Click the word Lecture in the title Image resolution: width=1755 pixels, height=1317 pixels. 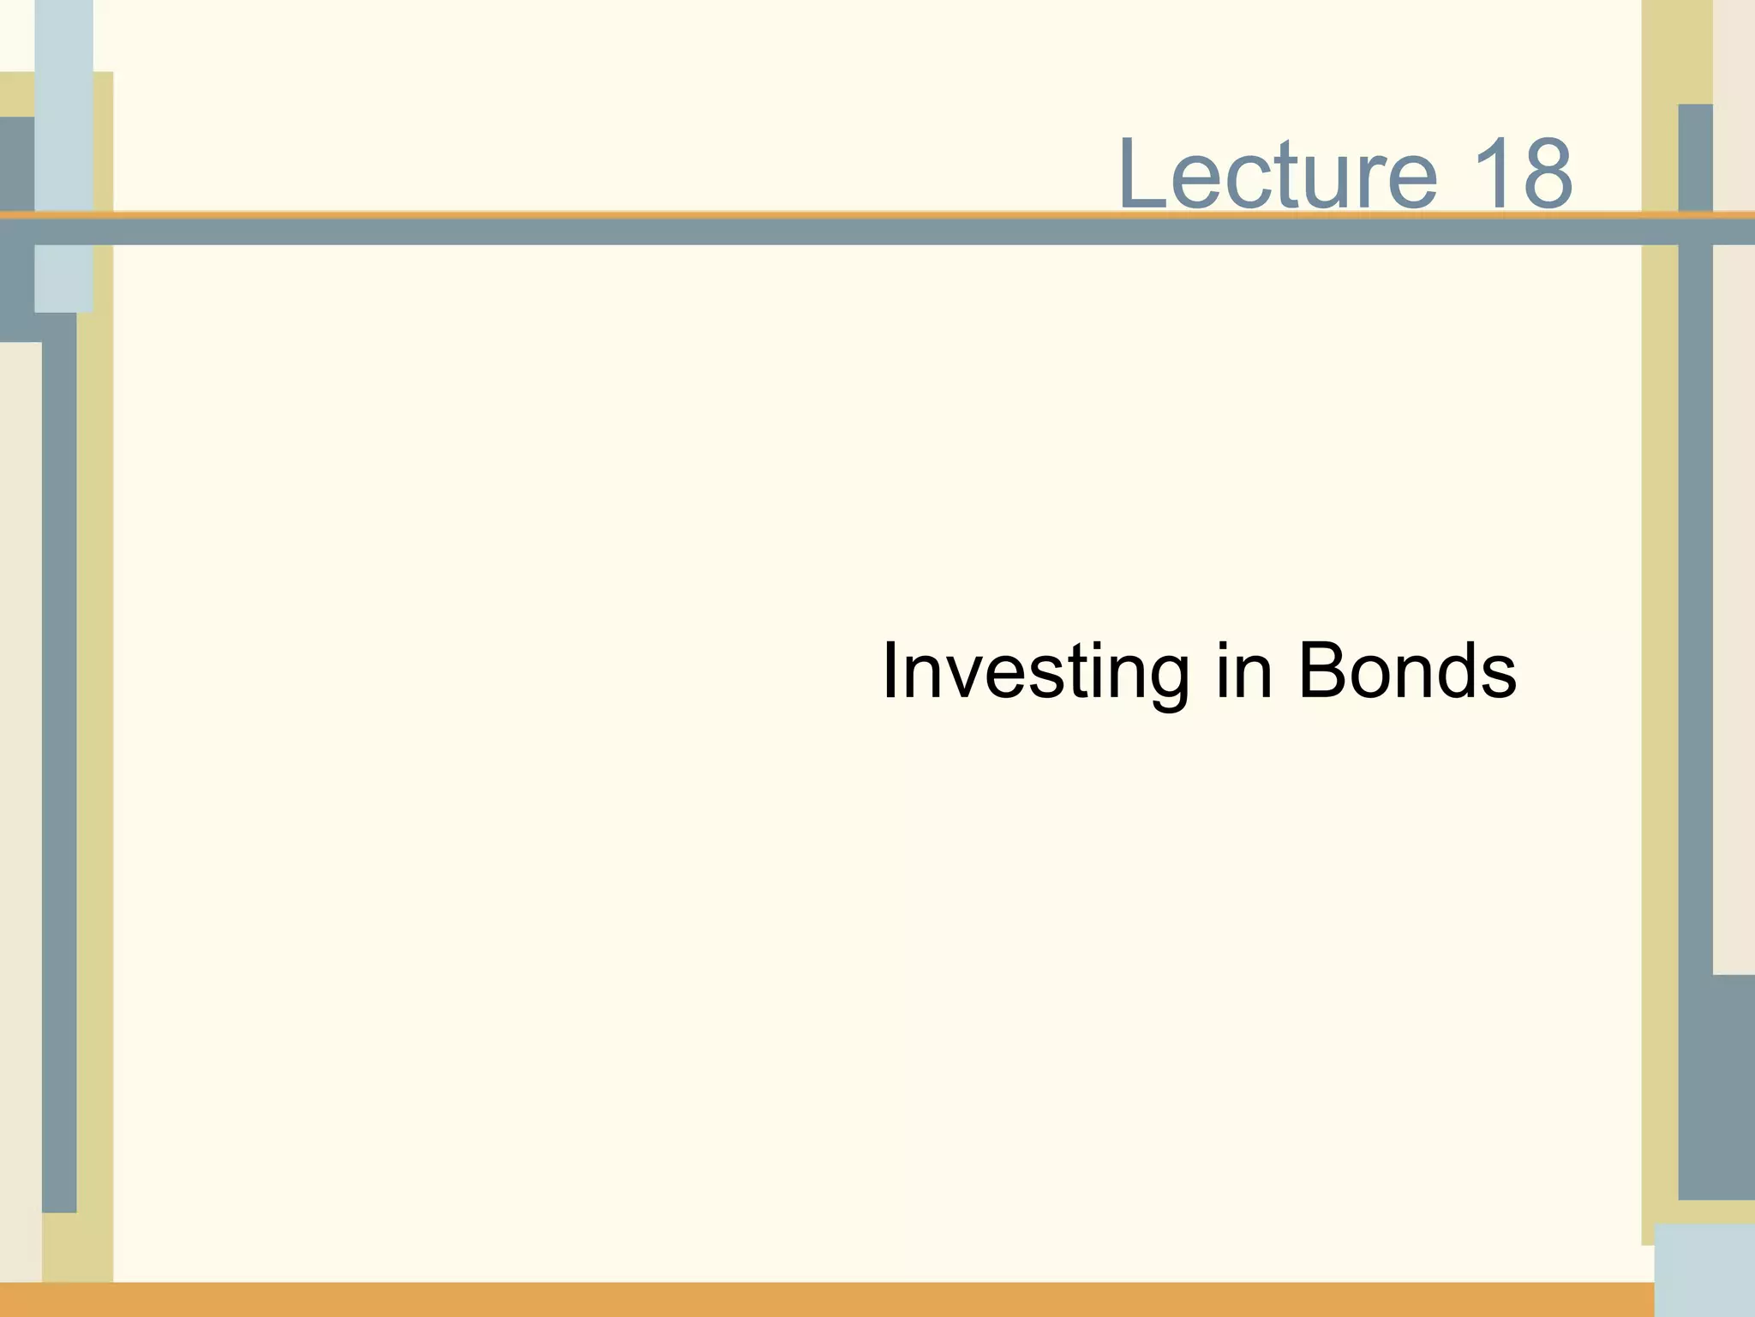[1277, 174]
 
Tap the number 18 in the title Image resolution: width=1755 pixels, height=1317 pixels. [1522, 174]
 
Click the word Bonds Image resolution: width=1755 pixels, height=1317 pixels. [1406, 671]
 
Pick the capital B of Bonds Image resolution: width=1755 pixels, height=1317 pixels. [1321, 671]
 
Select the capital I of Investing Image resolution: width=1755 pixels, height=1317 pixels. [889, 671]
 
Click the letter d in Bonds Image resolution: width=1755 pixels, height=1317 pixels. [1453, 671]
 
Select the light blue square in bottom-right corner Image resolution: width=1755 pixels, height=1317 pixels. [1704, 1269]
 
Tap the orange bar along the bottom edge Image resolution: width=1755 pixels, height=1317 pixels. [823, 1300]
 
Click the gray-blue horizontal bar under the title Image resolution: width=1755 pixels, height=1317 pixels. [857, 232]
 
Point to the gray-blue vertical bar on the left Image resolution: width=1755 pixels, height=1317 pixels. [59, 772]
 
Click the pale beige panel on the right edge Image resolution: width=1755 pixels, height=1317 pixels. [1734, 600]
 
